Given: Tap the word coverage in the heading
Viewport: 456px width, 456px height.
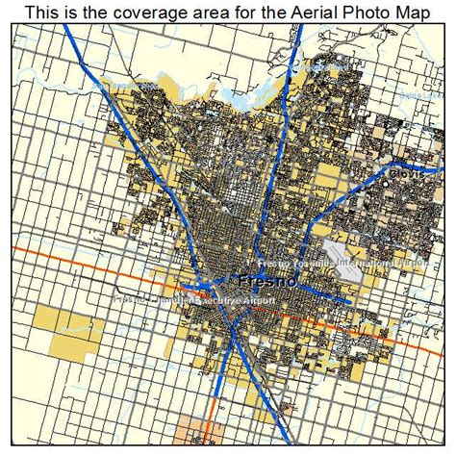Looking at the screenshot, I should point(129,12).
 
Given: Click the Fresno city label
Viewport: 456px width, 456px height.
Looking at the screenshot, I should point(266,284).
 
